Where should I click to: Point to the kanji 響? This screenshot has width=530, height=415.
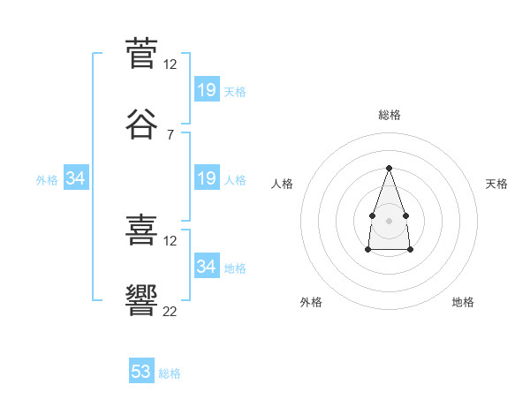[x=141, y=300]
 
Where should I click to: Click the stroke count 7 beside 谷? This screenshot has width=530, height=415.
[x=170, y=134]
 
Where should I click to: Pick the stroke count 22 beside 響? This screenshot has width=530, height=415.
[x=170, y=311]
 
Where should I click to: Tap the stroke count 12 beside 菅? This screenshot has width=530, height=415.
[x=170, y=64]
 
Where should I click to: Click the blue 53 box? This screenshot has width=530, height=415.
[x=141, y=372]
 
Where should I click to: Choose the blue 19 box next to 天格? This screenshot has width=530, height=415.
[x=207, y=90]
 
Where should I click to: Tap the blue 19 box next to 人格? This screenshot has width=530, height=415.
[x=207, y=178]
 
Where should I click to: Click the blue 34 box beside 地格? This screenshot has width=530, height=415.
[x=207, y=266]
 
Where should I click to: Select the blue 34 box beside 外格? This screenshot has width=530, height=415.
[x=76, y=178]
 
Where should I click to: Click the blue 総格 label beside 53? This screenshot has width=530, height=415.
[x=170, y=373]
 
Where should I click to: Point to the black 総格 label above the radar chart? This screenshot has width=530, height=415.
[x=389, y=115]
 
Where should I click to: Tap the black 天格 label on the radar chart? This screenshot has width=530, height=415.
[x=496, y=184]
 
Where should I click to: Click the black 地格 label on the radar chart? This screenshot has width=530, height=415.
[x=463, y=302]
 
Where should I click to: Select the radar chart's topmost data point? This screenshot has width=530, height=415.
[x=389, y=168]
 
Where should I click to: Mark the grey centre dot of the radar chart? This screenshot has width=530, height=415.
[x=389, y=219]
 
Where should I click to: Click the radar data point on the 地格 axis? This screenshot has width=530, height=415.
[x=411, y=250]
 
